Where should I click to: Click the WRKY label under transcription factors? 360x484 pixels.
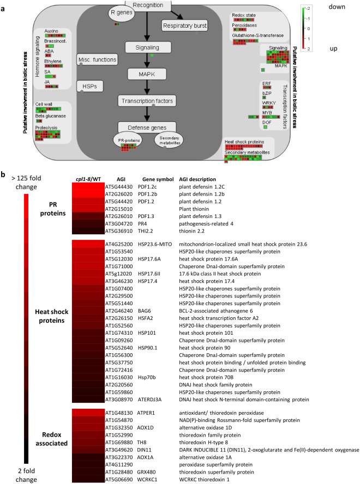(267, 103)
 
